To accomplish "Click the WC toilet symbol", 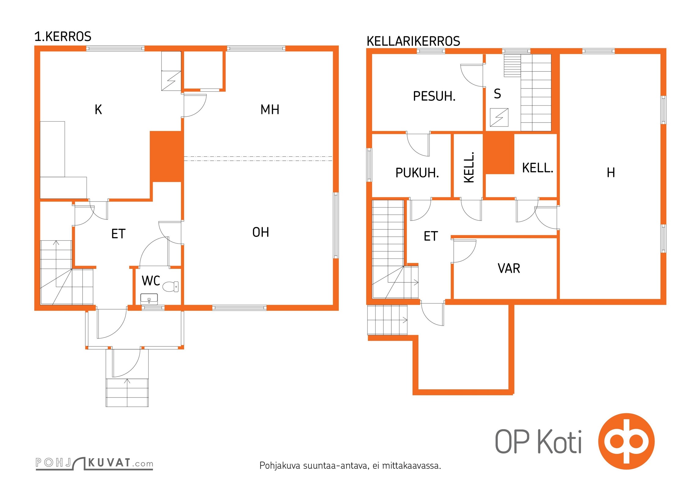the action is coord(170,287).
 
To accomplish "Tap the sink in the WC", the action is coord(149,299).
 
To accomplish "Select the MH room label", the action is coord(270,110).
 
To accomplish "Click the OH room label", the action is coord(261,232).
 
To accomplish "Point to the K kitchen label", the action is coord(98,110).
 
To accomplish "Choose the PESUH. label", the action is coord(434,96).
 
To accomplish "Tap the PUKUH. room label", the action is coord(417,173).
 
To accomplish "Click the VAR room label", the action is coord(509,269).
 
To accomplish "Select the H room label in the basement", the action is coord(611,173).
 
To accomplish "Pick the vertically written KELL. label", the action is coord(469,167).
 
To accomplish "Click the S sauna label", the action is coord(497,94).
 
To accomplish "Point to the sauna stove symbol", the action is coord(499,117).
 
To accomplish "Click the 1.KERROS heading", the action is coord(63,36).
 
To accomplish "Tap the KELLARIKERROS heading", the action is coord(413,41).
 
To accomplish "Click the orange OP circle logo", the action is coord(626,441).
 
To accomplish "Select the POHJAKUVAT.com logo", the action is coord(94,463).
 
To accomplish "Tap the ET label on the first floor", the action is coord(118,234).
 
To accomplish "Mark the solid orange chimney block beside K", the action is coord(166,156).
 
